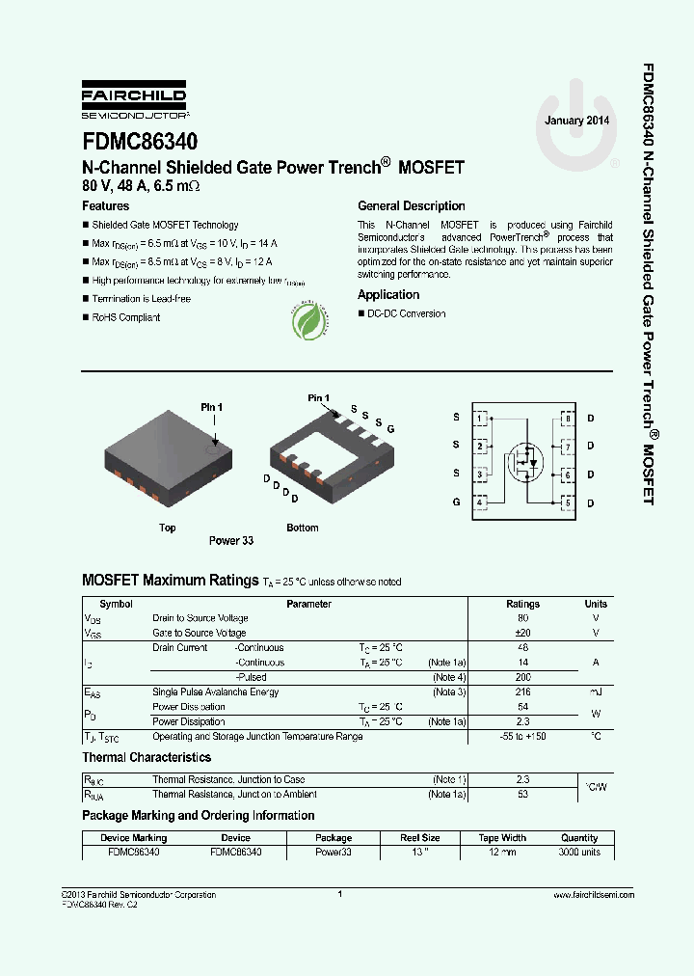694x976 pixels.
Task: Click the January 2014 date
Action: [576, 121]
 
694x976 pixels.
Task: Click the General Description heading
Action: [411, 206]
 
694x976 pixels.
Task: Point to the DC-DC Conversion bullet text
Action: [406, 314]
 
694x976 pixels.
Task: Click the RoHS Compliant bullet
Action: [125, 317]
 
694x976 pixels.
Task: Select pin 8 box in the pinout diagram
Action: [568, 419]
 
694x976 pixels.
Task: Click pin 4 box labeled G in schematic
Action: [480, 502]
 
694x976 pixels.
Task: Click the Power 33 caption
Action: [231, 541]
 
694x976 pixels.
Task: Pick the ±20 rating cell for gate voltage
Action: [523, 634]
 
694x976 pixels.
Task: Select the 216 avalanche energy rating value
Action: [523, 692]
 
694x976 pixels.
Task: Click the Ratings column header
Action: [523, 604]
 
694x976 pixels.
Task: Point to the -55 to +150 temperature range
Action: [523, 737]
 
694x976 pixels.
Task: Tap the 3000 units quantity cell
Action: [579, 853]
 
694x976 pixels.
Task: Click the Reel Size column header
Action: [420, 838]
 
